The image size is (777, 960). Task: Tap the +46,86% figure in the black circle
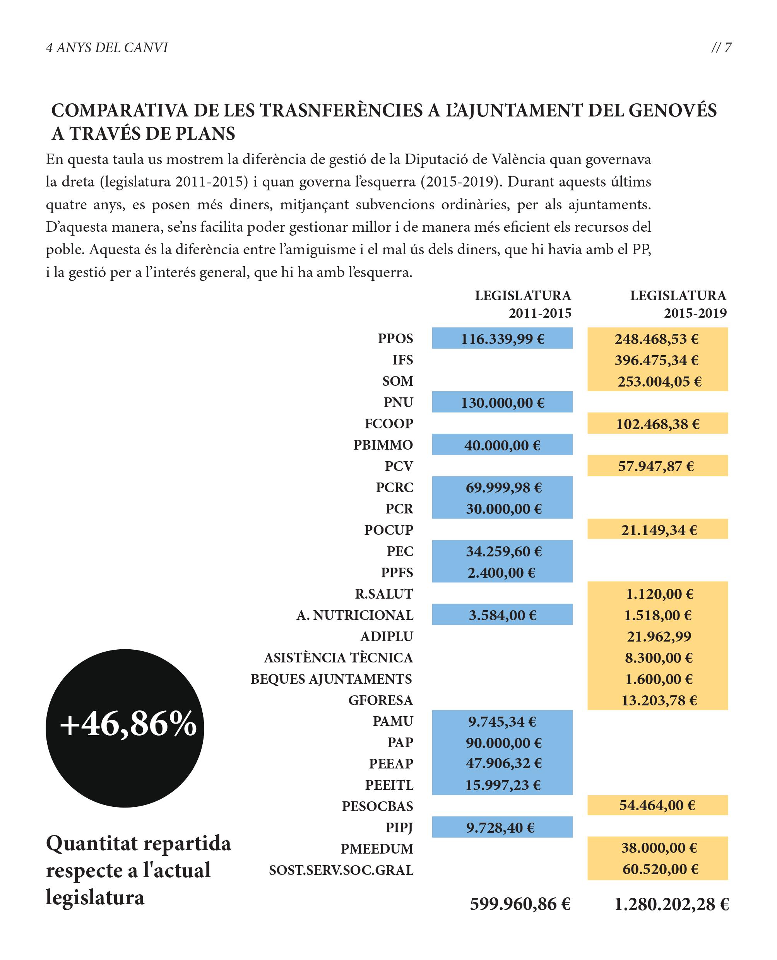pyautogui.click(x=128, y=724)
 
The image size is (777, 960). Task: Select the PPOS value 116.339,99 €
pyautogui.click(x=503, y=339)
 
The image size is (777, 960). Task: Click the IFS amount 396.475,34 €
pyautogui.click(x=656, y=360)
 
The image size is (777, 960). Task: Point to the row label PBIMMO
pyautogui.click(x=383, y=445)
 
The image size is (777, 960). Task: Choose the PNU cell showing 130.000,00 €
pyautogui.click(x=503, y=403)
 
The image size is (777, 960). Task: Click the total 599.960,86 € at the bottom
pyautogui.click(x=520, y=904)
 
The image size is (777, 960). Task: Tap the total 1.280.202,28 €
pyautogui.click(x=671, y=904)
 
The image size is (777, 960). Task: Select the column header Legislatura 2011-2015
pyautogui.click(x=523, y=304)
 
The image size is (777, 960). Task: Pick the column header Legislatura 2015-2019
pyautogui.click(x=678, y=304)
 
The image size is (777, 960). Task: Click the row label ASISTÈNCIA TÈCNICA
pyautogui.click(x=338, y=657)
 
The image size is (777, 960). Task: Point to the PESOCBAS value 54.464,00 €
pyautogui.click(x=657, y=805)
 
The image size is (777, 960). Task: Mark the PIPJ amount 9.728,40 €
pyautogui.click(x=500, y=828)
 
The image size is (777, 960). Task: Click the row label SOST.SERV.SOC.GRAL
pyautogui.click(x=341, y=870)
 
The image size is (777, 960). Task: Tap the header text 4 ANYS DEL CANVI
pyautogui.click(x=107, y=48)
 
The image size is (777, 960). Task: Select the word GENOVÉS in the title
pyautogui.click(x=672, y=111)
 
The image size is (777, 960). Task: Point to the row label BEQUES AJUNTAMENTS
pyautogui.click(x=331, y=679)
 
